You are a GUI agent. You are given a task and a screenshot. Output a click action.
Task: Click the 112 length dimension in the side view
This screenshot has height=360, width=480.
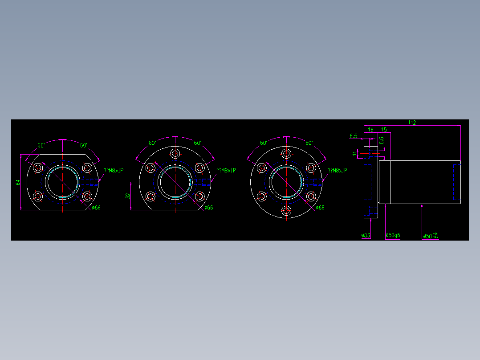(411, 123)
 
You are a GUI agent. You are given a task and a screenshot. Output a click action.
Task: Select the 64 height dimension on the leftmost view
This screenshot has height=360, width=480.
(18, 182)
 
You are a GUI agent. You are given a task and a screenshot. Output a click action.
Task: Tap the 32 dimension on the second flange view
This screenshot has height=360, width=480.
(128, 196)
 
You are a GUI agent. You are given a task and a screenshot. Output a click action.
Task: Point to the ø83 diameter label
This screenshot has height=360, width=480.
(366, 235)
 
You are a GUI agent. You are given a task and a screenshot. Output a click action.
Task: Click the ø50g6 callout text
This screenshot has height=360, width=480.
(392, 235)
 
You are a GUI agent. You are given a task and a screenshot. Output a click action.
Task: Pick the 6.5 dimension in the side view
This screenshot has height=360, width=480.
(354, 135)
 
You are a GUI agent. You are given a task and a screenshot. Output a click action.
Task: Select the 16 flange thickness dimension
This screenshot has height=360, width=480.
(370, 130)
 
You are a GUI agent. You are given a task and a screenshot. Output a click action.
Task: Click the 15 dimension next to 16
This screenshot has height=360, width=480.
(384, 130)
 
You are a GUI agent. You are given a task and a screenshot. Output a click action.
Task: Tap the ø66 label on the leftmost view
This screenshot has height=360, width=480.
(96, 208)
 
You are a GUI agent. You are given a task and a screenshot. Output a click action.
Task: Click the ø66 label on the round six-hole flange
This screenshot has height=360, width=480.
(320, 208)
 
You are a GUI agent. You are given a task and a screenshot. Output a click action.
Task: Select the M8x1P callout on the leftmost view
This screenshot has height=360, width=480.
(114, 171)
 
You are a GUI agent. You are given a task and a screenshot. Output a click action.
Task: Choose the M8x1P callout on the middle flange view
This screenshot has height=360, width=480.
(226, 171)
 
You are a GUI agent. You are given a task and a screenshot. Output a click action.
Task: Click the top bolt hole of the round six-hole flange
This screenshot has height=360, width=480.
(286, 154)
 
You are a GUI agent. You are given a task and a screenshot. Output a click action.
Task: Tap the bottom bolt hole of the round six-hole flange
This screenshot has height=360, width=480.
(286, 210)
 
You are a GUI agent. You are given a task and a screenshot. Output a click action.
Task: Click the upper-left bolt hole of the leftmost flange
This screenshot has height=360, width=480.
(38, 168)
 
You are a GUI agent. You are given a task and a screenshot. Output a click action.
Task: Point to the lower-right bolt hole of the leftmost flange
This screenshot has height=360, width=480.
(87, 196)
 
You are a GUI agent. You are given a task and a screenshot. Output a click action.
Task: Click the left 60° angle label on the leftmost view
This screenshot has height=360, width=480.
(41, 145)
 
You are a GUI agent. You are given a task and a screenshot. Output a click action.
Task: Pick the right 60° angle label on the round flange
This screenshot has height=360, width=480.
(309, 143)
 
